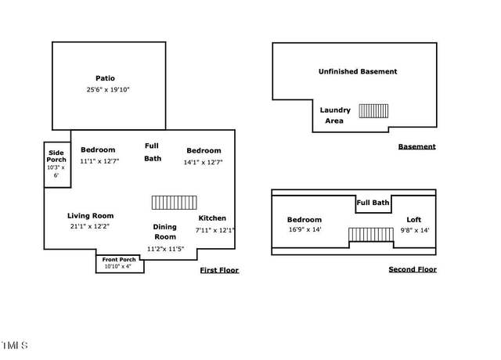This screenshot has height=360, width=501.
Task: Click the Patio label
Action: point(105,78)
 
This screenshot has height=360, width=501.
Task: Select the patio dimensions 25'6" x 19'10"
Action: point(108,90)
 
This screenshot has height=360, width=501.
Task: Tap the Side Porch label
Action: point(56,157)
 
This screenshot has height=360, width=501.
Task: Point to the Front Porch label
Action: point(119,259)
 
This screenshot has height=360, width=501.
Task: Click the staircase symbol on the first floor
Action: point(174,203)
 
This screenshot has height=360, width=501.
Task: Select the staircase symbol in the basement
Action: point(373,111)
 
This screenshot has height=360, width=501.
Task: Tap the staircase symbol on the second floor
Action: point(371,235)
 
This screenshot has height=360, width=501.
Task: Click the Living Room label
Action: point(91,216)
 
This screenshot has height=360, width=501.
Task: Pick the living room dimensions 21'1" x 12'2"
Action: point(90,226)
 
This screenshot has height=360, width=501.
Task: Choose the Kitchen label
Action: point(212,218)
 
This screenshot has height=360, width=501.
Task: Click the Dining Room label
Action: point(165,232)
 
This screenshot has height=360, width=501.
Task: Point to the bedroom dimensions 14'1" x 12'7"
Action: point(204,162)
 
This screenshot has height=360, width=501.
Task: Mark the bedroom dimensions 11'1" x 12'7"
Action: point(99,161)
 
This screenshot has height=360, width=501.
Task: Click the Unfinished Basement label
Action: point(358,71)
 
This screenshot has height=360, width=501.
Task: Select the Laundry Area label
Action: point(335,115)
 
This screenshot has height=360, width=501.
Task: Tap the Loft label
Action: point(414,220)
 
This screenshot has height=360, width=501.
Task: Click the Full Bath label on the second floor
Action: point(373,203)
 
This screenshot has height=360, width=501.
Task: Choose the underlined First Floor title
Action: point(219,270)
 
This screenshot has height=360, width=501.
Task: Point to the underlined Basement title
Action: point(417,146)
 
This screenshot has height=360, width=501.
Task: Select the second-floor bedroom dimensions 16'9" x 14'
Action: point(305,229)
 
